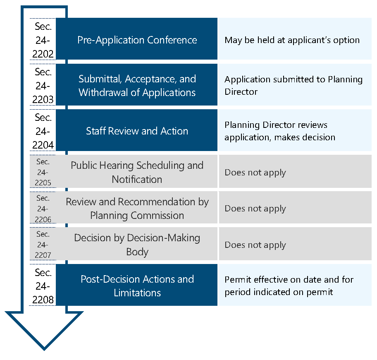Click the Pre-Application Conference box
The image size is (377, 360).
(x=137, y=40)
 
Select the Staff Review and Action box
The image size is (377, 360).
(x=137, y=131)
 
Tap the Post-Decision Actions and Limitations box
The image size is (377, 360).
(x=137, y=286)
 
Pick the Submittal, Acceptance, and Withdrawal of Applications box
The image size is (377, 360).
(x=137, y=86)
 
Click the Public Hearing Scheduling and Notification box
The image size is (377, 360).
(x=137, y=172)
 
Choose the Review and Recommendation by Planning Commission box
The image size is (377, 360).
(x=137, y=209)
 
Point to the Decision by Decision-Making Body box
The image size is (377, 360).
(x=137, y=245)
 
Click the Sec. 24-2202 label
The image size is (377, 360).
(x=43, y=40)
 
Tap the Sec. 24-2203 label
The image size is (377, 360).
(x=43, y=86)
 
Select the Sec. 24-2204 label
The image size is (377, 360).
(x=43, y=131)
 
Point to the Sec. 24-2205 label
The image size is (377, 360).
(x=43, y=172)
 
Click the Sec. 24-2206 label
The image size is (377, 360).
(x=43, y=209)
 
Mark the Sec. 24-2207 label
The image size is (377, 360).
(x=43, y=245)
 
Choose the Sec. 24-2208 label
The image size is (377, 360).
(x=43, y=286)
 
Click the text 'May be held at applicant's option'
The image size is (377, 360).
(x=292, y=40)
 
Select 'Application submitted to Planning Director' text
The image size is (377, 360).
(x=293, y=86)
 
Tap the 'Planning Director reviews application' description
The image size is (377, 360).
(x=280, y=131)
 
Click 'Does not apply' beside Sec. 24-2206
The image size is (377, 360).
(x=255, y=209)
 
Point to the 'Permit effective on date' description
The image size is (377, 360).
(x=289, y=286)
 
